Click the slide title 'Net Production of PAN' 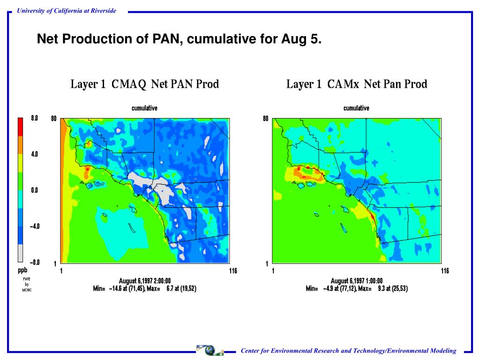click(180, 39)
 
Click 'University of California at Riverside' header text click(66, 11)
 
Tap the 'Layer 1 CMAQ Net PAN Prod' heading click(145, 84)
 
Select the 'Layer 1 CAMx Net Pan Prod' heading click(356, 84)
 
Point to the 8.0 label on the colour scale click(35, 118)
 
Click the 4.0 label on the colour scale click(35, 154)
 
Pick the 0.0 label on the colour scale click(35, 190)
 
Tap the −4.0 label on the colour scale click(34, 226)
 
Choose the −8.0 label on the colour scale click(34, 262)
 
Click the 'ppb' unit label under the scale click(22, 270)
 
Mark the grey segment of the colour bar click(20, 253)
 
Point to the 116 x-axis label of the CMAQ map click(233, 271)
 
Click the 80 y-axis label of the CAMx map click(266, 119)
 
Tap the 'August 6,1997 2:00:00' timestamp click(144, 281)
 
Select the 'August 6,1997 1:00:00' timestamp click(356, 281)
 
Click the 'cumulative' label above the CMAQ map click(144, 108)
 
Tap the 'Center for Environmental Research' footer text click(348, 351)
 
